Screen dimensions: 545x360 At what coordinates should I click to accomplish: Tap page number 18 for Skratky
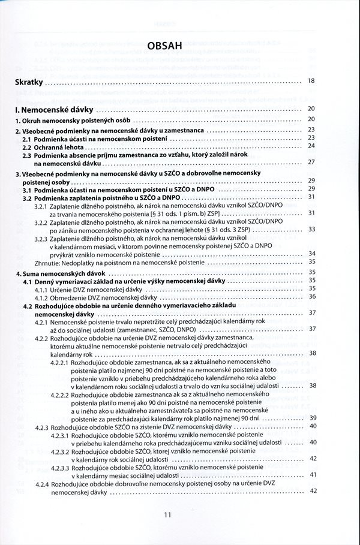[311, 81]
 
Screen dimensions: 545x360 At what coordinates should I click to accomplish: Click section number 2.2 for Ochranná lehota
[27, 146]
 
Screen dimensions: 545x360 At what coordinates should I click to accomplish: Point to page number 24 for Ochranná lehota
[311, 146]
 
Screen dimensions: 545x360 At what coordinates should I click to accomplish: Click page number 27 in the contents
[311, 162]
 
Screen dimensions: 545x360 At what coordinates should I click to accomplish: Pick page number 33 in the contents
[311, 229]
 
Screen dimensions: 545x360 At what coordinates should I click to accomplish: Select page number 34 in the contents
[311, 253]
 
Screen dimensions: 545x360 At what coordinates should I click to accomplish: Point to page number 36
[311, 296]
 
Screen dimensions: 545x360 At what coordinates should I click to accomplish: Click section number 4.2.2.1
[59, 363]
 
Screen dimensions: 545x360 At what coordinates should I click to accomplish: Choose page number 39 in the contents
[311, 418]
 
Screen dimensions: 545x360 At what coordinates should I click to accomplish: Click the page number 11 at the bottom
[167, 514]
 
